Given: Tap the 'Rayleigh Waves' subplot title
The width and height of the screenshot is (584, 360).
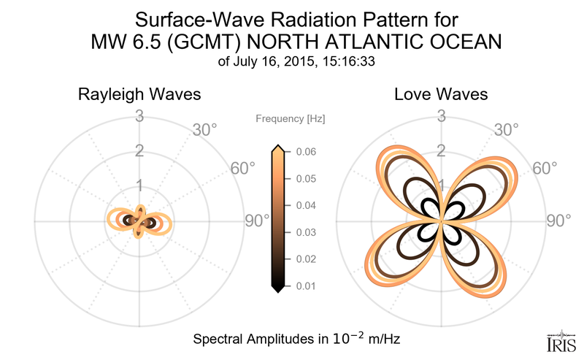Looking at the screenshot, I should click(139, 95).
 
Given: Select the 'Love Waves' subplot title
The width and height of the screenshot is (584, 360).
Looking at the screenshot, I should click(441, 95).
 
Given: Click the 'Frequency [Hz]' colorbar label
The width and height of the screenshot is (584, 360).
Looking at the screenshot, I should click(291, 118).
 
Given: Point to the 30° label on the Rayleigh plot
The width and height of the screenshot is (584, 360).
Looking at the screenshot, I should click(205, 130).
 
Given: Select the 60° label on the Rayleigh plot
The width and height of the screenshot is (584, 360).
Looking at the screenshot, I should click(243, 169).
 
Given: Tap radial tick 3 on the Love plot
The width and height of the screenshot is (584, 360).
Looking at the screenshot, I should click(441, 115).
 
